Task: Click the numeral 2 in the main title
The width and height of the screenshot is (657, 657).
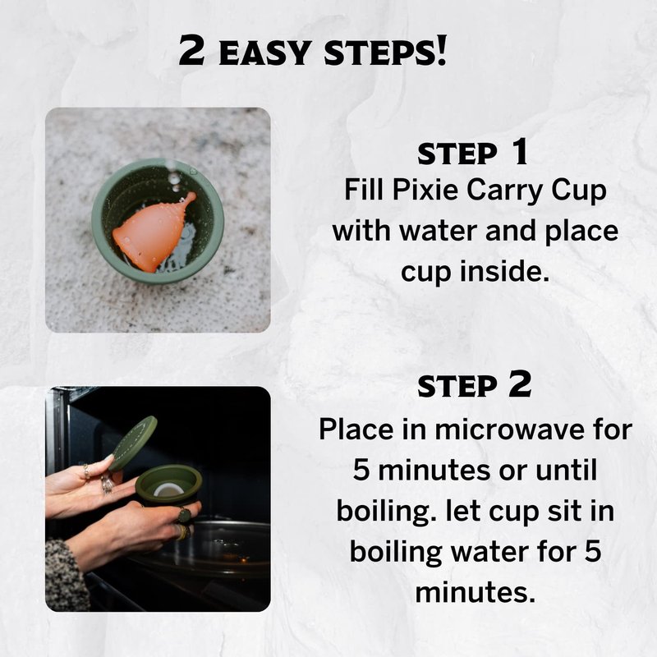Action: pos(191,51)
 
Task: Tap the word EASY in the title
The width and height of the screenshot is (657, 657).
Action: pos(264,53)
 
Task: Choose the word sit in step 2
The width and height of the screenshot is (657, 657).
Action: pos(560,511)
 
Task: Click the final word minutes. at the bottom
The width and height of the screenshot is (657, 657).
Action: pos(476,592)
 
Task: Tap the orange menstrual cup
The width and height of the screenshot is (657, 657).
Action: pos(151,233)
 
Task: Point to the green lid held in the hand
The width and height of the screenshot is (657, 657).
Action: pos(132,443)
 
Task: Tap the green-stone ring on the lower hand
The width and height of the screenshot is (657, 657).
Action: pos(185,515)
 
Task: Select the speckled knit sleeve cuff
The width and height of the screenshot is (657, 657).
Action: pos(67,575)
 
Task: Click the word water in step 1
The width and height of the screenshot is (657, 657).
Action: pos(439,232)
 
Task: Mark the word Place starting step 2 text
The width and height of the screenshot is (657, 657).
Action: pos(356,430)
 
